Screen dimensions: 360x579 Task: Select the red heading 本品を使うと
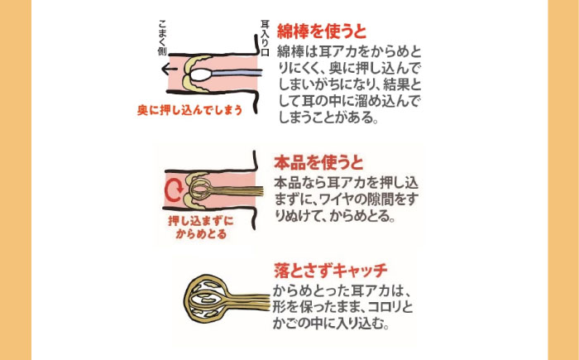(318, 162)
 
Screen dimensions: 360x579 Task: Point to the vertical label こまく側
(163, 38)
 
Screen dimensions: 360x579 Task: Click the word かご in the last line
(284, 324)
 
